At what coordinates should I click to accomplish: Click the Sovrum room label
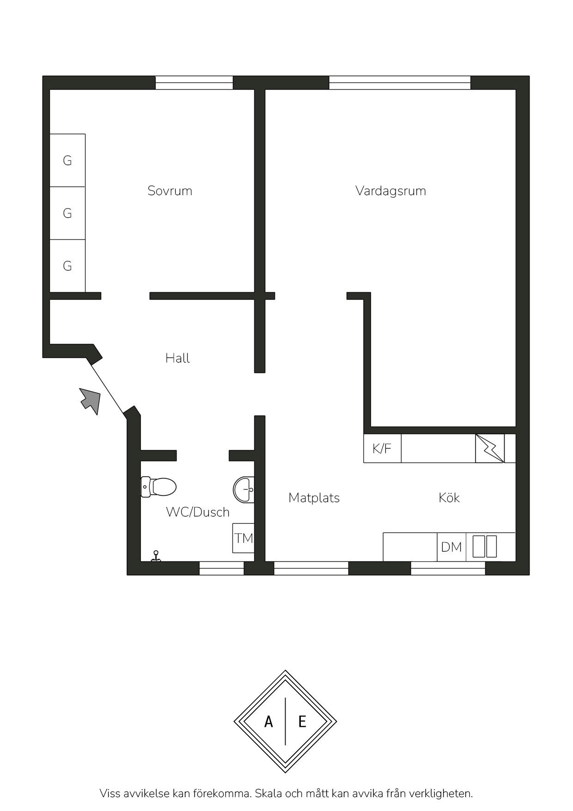(170, 191)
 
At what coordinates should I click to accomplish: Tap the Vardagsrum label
(390, 191)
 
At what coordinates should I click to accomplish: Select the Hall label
(177, 358)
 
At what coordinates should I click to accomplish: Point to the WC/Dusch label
(197, 512)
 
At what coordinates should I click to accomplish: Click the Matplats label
(314, 498)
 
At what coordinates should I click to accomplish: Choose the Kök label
(449, 498)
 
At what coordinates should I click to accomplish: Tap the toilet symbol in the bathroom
(158, 487)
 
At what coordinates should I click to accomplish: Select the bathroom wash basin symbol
(243, 489)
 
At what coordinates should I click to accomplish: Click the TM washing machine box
(243, 538)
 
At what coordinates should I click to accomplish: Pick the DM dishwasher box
(451, 547)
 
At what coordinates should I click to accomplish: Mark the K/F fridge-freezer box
(382, 448)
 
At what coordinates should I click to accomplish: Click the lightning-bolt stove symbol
(490, 448)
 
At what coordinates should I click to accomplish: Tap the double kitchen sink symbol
(484, 546)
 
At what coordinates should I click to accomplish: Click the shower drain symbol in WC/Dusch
(156, 556)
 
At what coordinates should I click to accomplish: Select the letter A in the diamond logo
(268, 721)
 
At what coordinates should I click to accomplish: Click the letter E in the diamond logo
(302, 721)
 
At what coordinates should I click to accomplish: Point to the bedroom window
(194, 83)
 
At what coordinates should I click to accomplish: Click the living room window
(400, 83)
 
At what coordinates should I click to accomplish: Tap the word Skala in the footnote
(268, 793)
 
